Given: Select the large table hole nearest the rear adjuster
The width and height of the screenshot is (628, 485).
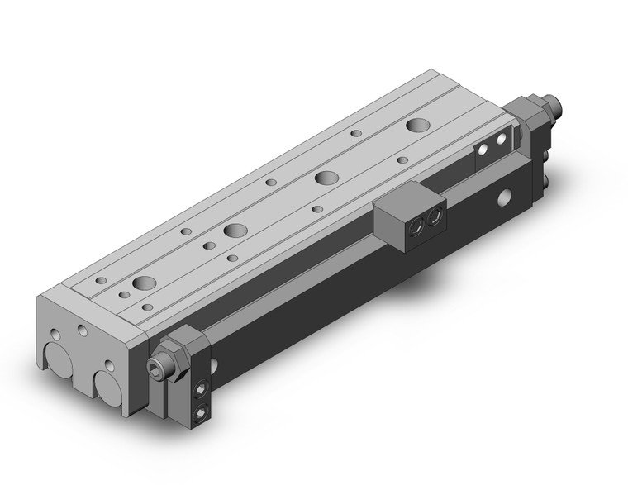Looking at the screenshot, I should coord(416,126).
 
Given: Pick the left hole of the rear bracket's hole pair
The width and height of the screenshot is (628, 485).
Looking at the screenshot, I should coord(486,152).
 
